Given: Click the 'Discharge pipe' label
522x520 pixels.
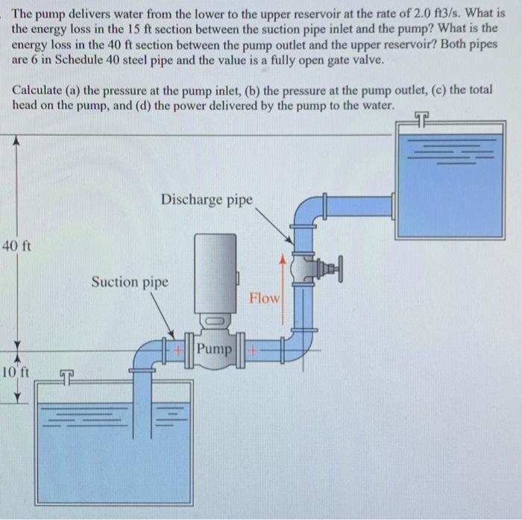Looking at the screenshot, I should [x=207, y=200].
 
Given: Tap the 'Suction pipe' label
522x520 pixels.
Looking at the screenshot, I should [x=130, y=282].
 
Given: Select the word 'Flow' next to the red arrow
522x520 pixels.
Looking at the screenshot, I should [x=264, y=298].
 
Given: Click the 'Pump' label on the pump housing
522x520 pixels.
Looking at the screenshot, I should [x=215, y=349].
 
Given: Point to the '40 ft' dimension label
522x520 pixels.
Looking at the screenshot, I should [x=16, y=246].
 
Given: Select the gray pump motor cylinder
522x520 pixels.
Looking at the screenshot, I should [x=215, y=272].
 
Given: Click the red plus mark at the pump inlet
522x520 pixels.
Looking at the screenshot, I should [x=178, y=349].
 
